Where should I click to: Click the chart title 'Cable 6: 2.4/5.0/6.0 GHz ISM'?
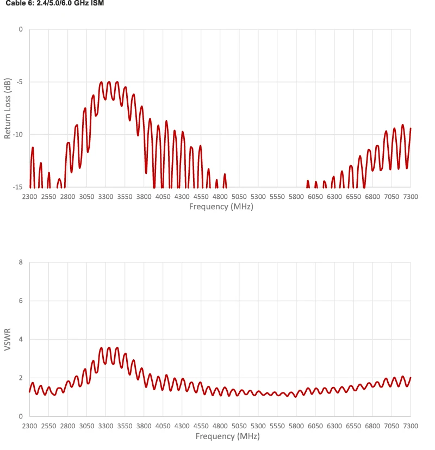point(55,3)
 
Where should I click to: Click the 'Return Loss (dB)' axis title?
point(8,109)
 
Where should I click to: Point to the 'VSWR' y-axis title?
point(8,340)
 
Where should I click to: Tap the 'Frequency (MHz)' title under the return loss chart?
point(221,207)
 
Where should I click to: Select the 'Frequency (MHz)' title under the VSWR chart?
point(228,436)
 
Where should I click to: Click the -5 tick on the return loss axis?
point(20,82)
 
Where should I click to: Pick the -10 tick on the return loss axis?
point(18,135)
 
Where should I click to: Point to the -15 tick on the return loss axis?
point(18,187)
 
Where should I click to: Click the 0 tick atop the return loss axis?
point(21,29)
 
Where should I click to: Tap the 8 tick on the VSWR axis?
point(21,262)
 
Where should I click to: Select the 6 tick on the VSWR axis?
point(21,301)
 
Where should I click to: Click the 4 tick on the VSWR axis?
point(21,339)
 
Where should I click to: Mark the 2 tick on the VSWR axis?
point(21,378)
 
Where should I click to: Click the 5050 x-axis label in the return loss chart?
point(239,197)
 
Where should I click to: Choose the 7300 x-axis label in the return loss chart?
point(411,197)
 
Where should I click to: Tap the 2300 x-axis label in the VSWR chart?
point(29,426)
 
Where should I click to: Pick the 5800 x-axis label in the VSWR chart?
point(296,426)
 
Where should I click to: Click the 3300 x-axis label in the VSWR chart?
point(105,426)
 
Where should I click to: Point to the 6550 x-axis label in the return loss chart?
point(353,197)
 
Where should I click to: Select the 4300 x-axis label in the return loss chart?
point(182,197)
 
